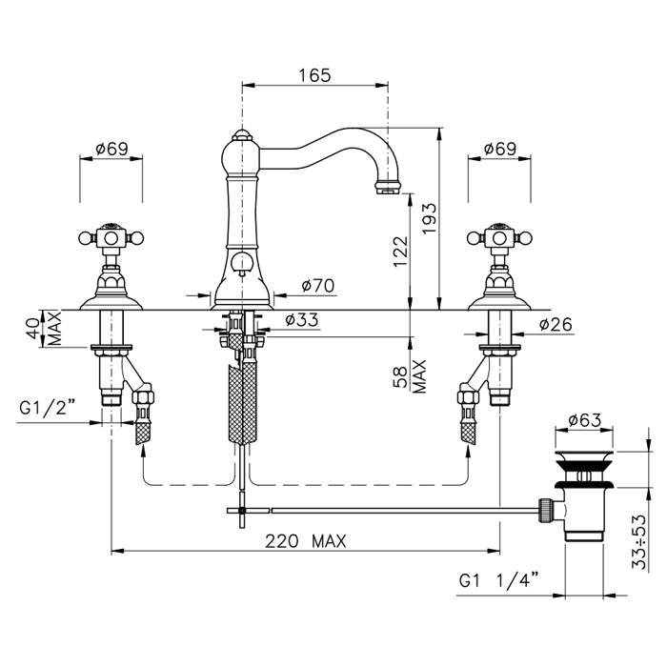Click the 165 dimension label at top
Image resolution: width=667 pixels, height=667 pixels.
pos(314,75)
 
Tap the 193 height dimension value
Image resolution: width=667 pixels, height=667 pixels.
pos(429,218)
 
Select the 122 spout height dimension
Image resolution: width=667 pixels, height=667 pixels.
pos(401,252)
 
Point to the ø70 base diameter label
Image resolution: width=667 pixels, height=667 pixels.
pos(318,286)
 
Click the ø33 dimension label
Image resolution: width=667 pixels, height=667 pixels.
pos(302,319)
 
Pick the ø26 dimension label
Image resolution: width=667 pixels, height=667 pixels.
pos(556,325)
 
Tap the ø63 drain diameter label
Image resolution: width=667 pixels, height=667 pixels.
pos(584,420)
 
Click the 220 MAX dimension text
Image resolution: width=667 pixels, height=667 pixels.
pos(306,541)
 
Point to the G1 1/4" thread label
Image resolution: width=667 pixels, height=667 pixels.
pos(498,580)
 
